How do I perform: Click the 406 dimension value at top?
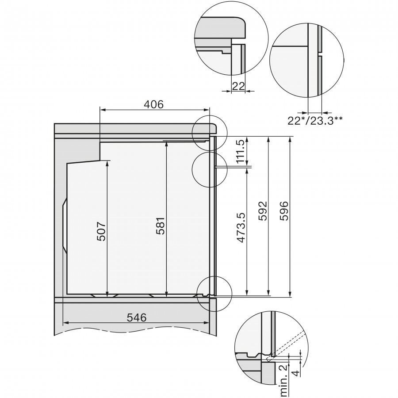click(x=154, y=104)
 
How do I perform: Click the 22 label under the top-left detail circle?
click(x=238, y=86)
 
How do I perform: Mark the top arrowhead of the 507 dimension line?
click(x=107, y=162)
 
